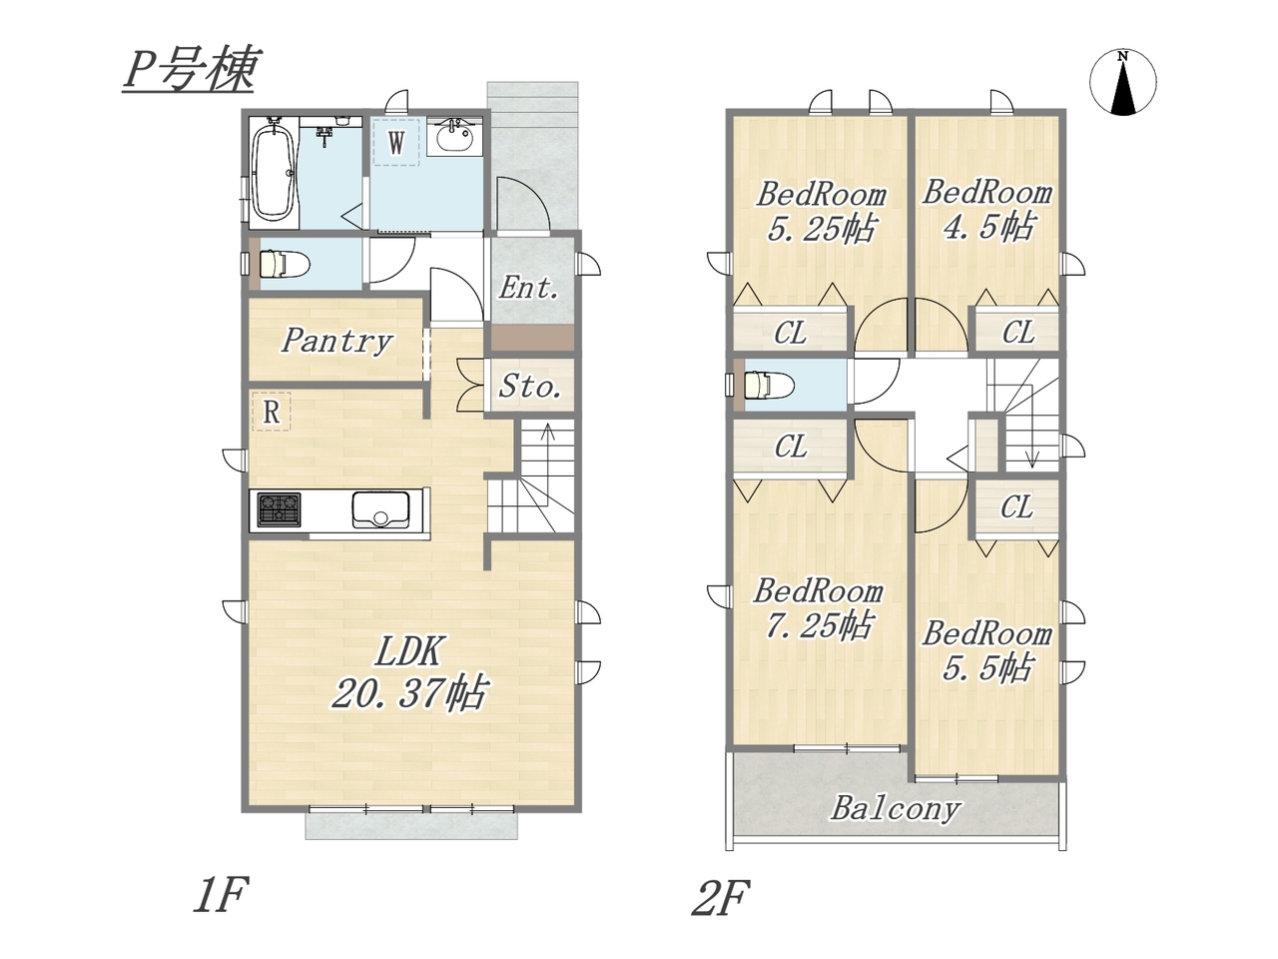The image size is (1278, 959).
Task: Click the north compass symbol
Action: pyautogui.click(x=1122, y=82)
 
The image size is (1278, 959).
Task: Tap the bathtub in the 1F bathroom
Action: pyautogui.click(x=273, y=173)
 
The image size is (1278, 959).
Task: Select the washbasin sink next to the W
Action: pyautogui.click(x=454, y=138)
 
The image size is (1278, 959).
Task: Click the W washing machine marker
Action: pyautogui.click(x=396, y=143)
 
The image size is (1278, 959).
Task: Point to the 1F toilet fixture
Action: pyautogui.click(x=283, y=265)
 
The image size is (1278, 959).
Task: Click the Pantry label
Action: pyautogui.click(x=336, y=342)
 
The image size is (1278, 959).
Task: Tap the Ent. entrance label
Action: pyautogui.click(x=528, y=289)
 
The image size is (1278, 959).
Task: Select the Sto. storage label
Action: pyautogui.click(x=530, y=387)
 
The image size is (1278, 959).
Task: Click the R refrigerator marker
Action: pyautogui.click(x=272, y=412)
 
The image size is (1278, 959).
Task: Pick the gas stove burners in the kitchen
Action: pyautogui.click(x=279, y=509)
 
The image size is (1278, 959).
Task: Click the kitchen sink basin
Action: pyautogui.click(x=380, y=509)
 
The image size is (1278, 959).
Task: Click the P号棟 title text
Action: pyautogui.click(x=189, y=71)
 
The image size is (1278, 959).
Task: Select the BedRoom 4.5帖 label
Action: pyautogui.click(x=986, y=209)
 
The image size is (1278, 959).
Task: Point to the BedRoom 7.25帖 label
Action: pyautogui.click(x=818, y=608)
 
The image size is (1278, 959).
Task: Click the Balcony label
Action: pyautogui.click(x=895, y=809)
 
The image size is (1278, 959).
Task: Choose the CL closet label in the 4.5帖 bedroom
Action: pyautogui.click(x=1017, y=333)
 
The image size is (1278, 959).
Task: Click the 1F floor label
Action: pyautogui.click(x=221, y=895)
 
